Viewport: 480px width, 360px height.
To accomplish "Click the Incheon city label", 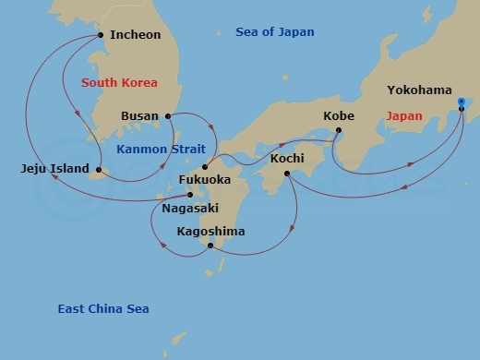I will click(x=135, y=35).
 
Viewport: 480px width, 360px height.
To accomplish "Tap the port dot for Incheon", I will click(x=100, y=36).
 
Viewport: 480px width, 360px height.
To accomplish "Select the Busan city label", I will click(x=139, y=116).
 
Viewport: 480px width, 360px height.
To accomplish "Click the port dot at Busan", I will click(x=167, y=116).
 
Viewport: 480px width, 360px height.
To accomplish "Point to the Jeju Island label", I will click(x=54, y=169).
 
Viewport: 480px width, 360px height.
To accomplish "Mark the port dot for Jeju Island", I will click(x=98, y=169).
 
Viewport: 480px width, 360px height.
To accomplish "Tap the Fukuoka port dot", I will click(x=205, y=168).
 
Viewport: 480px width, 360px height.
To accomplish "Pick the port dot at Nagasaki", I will click(x=190, y=195).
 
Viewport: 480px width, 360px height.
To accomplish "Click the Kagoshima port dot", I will click(x=210, y=246).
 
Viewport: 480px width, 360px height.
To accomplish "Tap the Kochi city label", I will click(x=287, y=159).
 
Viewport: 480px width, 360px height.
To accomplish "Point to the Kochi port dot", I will click(x=287, y=174).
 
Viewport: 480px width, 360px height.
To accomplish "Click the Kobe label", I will click(x=338, y=115).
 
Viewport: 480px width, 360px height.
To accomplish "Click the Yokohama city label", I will click(x=419, y=90).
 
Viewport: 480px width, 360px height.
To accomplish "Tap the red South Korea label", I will click(x=119, y=82).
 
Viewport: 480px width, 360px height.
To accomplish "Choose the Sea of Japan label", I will click(x=274, y=32).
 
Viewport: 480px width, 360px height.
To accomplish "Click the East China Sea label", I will click(x=102, y=309).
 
